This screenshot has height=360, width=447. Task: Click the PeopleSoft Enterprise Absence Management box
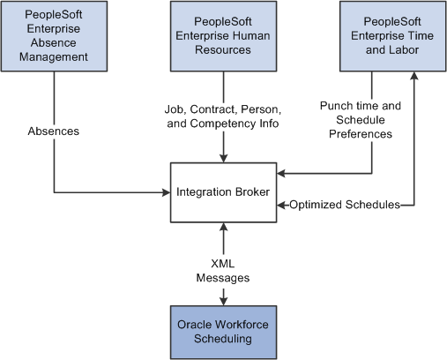click(54, 36)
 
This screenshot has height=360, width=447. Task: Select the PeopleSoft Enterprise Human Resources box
click(223, 36)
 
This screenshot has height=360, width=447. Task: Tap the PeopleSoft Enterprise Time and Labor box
click(392, 36)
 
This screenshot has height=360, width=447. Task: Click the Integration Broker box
click(223, 192)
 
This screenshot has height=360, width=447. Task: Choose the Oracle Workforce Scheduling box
click(223, 333)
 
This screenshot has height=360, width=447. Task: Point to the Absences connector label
click(54, 131)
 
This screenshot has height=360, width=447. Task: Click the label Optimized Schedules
click(345, 205)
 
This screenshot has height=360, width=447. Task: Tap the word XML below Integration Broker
click(223, 264)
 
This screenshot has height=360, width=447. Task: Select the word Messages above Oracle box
click(223, 278)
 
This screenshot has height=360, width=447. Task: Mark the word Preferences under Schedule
click(361, 134)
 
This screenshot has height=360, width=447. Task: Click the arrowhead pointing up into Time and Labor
click(414, 76)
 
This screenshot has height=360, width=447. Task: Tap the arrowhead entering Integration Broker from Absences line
click(167, 192)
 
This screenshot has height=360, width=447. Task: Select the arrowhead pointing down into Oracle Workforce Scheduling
click(223, 302)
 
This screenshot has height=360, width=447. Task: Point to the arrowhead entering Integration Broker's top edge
click(223, 159)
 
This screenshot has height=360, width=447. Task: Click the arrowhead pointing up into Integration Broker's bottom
click(223, 227)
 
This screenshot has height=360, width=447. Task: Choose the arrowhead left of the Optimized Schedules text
click(281, 205)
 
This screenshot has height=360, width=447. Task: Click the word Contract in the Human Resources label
click(214, 109)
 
